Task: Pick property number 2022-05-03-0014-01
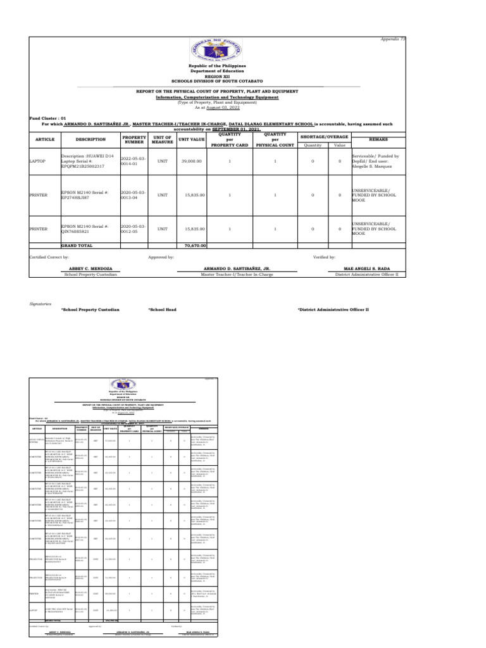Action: point(134,161)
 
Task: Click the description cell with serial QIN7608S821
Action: point(85,228)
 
